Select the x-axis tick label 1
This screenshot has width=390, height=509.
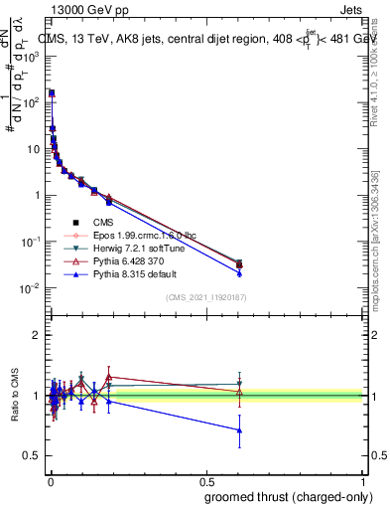(363, 480)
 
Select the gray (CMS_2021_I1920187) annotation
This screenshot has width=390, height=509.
(205, 298)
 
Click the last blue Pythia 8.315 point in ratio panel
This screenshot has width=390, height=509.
(239, 430)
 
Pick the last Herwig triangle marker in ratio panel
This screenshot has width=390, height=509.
(239, 384)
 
